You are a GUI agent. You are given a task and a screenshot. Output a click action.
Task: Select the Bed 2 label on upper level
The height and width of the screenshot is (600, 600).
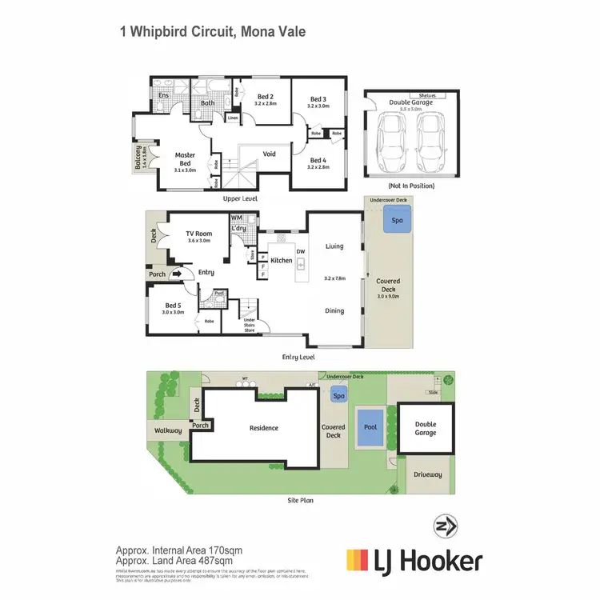point(266,97)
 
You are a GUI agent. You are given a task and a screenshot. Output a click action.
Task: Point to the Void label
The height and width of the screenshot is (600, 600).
point(270,154)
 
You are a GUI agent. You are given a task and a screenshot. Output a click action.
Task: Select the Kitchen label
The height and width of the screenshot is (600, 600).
point(281,261)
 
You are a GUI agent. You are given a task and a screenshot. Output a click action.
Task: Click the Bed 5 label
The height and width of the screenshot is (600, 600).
point(174,305)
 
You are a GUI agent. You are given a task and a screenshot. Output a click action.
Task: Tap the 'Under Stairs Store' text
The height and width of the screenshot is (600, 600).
point(250,325)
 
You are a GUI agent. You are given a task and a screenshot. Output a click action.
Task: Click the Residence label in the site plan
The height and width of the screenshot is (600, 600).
point(263,428)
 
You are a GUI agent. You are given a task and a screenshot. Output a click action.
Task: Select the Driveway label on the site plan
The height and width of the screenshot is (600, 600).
point(427,474)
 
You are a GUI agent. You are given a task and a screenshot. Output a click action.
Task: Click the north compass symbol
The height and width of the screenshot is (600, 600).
point(445,526)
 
